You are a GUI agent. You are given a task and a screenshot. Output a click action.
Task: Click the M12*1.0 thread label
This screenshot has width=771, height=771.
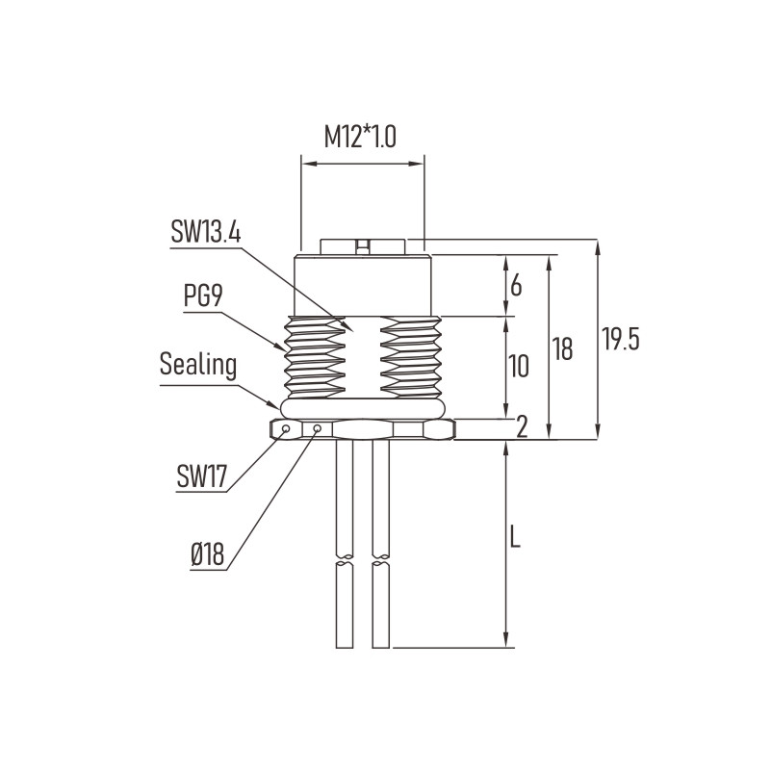click(360, 138)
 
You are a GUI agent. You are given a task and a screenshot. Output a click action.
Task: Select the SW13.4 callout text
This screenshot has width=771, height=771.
click(206, 232)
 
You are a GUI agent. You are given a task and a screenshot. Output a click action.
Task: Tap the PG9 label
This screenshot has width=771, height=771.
click(203, 296)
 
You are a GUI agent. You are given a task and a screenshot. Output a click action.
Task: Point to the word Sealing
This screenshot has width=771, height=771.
click(198, 365)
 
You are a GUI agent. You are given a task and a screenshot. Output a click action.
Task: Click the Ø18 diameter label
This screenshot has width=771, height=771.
click(208, 554)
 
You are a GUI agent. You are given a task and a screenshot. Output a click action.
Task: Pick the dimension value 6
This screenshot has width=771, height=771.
click(516, 286)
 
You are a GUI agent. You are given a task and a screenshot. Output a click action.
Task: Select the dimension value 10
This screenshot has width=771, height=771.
click(518, 367)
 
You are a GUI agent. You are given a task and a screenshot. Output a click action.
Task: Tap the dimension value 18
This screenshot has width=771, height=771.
click(562, 348)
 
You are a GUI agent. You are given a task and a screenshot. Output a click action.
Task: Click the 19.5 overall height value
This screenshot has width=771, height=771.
click(621, 339)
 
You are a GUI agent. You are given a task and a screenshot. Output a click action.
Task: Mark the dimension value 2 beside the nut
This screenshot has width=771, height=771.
click(522, 426)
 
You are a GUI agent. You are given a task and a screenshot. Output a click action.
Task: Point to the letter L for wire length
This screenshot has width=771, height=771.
click(515, 537)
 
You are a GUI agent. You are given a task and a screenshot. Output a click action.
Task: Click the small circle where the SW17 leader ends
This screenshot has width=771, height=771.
click(285, 428)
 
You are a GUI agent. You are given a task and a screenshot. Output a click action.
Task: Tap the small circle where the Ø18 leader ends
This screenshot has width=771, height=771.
click(317, 428)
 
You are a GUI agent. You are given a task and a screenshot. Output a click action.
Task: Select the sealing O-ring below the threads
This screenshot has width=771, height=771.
click(363, 409)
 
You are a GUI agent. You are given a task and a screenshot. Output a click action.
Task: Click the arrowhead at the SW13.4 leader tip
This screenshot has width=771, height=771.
click(348, 326)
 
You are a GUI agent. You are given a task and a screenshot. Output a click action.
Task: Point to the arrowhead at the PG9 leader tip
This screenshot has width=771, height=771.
click(280, 347)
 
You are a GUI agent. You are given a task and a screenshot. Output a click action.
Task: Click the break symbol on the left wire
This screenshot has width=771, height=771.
click(345, 560)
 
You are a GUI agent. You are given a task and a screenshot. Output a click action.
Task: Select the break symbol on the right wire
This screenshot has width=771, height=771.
click(381, 560)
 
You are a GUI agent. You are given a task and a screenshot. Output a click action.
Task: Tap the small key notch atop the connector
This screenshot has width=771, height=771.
click(363, 246)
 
